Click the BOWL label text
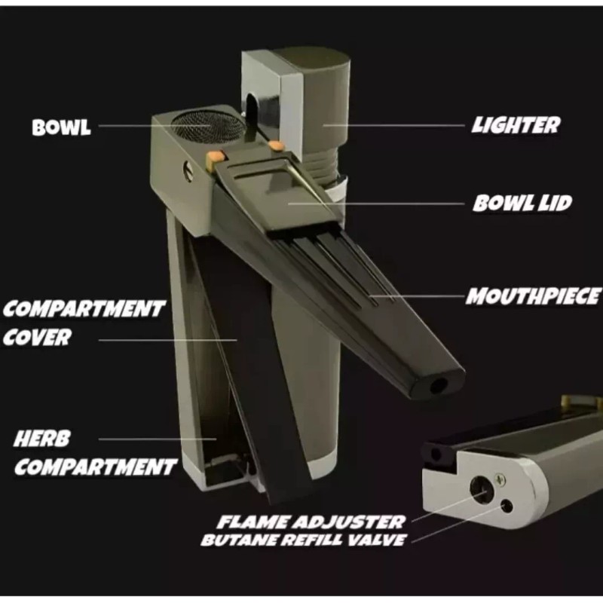coord(61,127)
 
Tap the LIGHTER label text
coord(516,125)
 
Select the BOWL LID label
coord(522,203)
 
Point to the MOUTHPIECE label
coord(533,296)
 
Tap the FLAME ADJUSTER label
coord(311,521)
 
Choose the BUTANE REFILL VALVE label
coord(303,540)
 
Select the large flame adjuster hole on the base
coord(480,488)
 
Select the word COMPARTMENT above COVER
coord(83,309)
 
